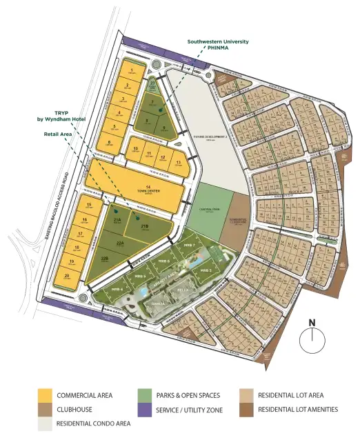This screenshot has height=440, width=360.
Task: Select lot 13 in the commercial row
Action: coord(178,163)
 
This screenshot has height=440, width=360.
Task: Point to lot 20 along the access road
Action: coord(67,277)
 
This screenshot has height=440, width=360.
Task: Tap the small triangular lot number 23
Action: coord(152,84)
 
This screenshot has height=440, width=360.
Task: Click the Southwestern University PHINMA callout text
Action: coord(218,45)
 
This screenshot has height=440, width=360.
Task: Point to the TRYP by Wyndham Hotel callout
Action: coord(60,117)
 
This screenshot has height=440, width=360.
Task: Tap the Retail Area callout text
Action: coord(59,134)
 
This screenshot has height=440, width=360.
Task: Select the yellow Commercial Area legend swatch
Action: coord(45,396)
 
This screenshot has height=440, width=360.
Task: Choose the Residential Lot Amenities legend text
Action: coord(298,410)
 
